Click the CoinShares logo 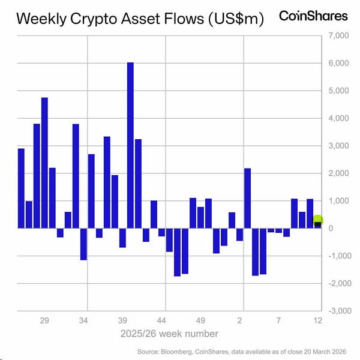(x=313, y=16)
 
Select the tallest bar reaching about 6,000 (x=130, y=144)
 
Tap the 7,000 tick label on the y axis (x=338, y=36)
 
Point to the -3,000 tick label (x=336, y=311)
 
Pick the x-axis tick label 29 (x=44, y=321)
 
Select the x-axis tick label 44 (x=161, y=321)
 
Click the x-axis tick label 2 (x=241, y=321)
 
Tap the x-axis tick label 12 (x=318, y=321)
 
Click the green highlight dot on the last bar (x=318, y=221)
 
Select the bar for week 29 (x=44, y=162)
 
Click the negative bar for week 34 (x=83, y=244)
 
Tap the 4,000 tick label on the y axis (x=338, y=118)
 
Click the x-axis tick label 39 (x=122, y=321)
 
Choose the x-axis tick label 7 (x=279, y=321)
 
